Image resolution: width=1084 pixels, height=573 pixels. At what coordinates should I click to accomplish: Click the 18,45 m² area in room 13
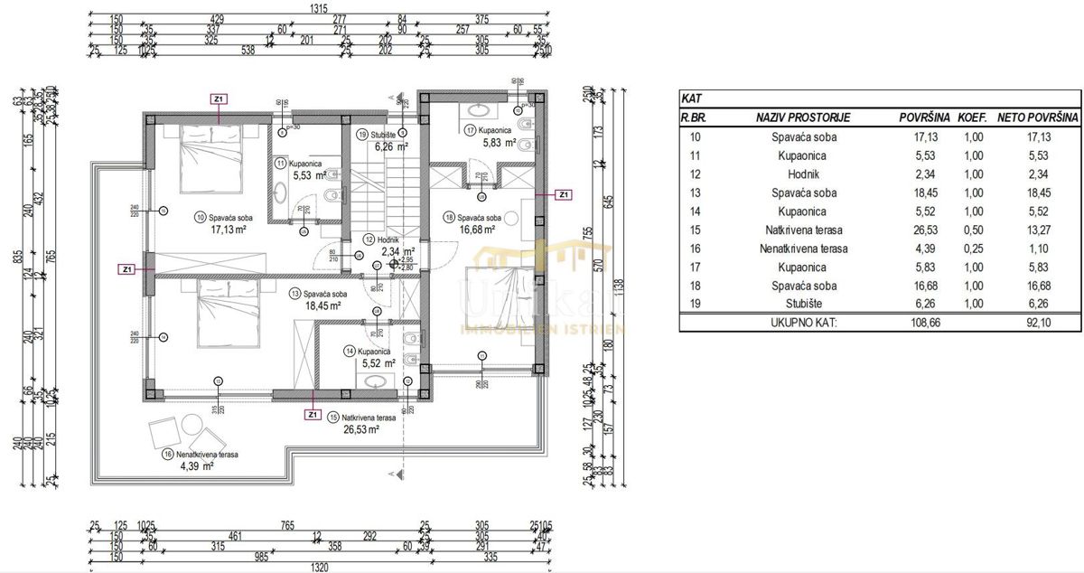pos(322,306)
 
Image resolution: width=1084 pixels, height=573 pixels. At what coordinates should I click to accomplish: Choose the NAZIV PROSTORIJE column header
pos(803,117)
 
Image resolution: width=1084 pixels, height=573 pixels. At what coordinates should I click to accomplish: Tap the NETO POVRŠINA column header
pos(1037,117)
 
